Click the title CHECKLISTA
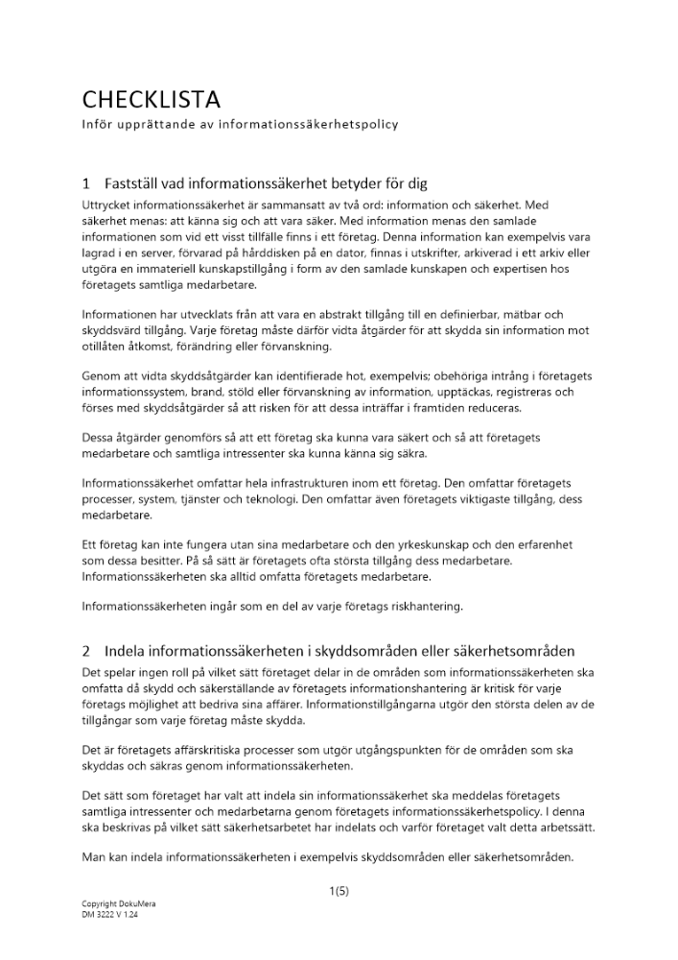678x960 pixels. click(151, 99)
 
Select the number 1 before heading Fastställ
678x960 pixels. click(86, 183)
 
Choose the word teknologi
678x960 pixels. click(273, 500)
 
